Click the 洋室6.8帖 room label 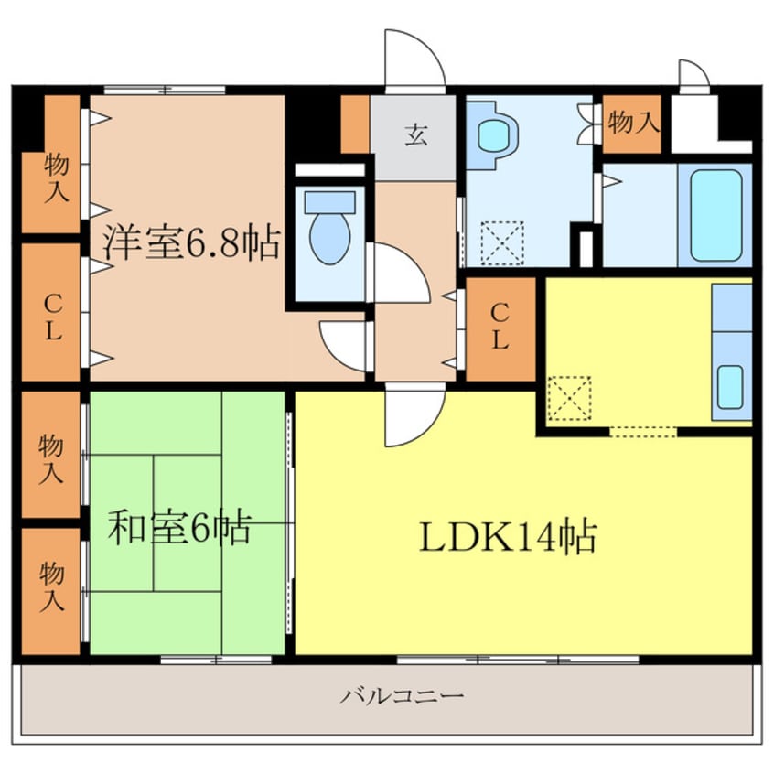pos(190,242)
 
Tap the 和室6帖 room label pos(178,528)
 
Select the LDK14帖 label pos(508,537)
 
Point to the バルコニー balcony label pos(403,697)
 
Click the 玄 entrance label pos(414,137)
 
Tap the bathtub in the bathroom pos(715,216)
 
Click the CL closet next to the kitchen pos(500,328)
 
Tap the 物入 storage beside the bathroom pos(632,123)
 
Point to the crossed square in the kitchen pos(568,400)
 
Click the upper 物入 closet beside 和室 pos(51,454)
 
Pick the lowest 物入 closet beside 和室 pos(51,589)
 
